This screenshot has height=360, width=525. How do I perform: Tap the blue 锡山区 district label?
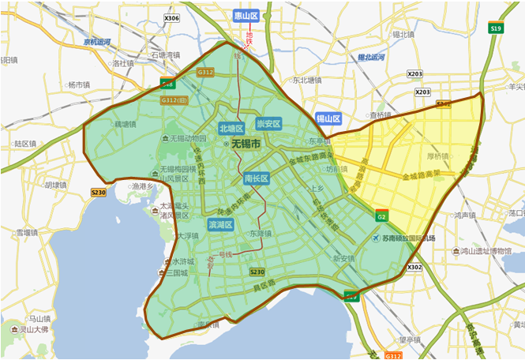coord(328,119)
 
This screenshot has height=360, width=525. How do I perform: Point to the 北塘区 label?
coord(231,128)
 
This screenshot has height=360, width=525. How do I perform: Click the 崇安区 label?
coord(268,124)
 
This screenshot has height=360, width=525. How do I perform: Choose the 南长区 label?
coord(257,178)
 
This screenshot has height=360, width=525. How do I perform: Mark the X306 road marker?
coord(171,18)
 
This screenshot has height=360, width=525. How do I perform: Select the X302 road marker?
coord(414,268)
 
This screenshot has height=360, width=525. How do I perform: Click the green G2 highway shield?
coord(381,216)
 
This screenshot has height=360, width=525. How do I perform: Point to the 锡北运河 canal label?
coord(371,58)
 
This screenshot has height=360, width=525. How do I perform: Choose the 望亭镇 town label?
coord(410,339)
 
